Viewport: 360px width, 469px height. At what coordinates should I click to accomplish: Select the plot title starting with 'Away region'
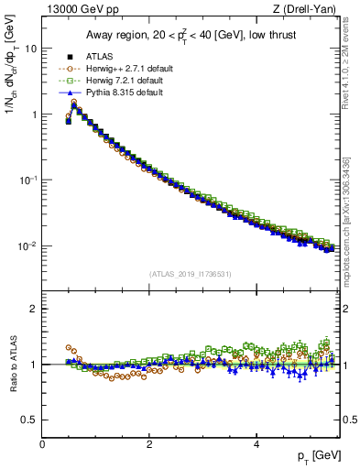[x=191, y=35]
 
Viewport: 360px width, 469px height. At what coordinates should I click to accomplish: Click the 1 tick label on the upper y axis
[x=36, y=115]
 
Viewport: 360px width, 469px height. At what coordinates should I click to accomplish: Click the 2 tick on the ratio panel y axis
[x=36, y=309]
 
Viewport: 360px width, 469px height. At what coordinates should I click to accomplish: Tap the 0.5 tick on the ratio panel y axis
[x=32, y=420]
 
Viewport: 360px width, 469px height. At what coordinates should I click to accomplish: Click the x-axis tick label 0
[x=43, y=443]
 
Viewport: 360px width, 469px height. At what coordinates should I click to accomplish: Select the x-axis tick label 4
[x=256, y=443]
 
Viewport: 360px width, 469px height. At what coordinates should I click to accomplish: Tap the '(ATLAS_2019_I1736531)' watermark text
[x=191, y=273]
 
